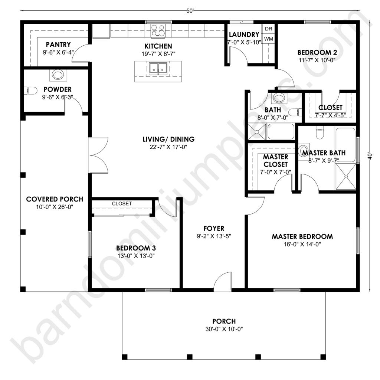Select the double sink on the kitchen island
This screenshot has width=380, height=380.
[158, 69]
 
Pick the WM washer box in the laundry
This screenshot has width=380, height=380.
[269, 39]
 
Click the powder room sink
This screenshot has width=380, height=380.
[58, 75]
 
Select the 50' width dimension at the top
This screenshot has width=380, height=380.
[190, 11]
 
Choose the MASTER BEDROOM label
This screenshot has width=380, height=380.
[302, 236]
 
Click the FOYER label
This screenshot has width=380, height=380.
[213, 228]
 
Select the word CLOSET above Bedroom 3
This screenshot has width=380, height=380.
[122, 204]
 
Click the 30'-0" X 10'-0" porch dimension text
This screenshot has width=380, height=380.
[224, 329]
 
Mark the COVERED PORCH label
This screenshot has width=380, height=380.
[55, 199]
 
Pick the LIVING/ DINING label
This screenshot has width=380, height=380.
[168, 140]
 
